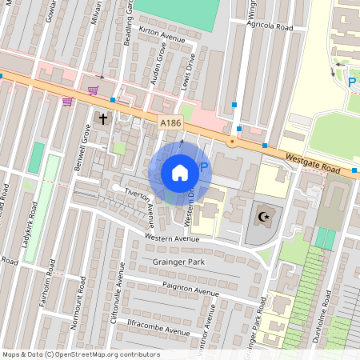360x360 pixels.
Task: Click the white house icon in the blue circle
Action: coord(180,172)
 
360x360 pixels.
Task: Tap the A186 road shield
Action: coord(170,123)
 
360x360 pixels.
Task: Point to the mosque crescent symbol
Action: coord(263,217)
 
